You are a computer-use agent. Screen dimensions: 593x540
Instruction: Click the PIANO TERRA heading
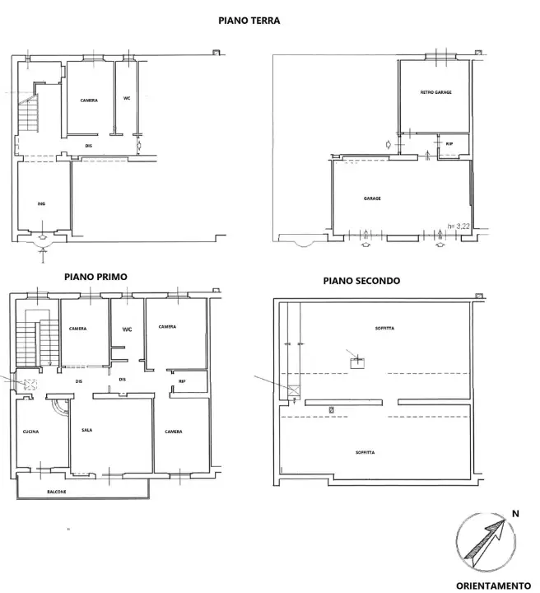coord(249,21)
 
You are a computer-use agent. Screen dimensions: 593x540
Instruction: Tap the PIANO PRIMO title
coord(95,278)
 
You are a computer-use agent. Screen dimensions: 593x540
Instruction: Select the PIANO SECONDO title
coord(361,281)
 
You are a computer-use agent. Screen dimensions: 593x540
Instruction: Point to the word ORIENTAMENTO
coord(493,586)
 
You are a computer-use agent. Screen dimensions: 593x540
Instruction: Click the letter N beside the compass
coord(516,513)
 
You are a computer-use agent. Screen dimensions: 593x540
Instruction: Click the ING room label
coord(40,203)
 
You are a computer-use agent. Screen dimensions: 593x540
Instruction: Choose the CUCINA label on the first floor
coord(30,432)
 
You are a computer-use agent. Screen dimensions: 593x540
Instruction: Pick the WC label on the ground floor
coord(127,98)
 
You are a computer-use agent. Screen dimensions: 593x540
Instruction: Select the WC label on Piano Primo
coord(127,329)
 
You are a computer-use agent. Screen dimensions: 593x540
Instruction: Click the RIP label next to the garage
coord(449,144)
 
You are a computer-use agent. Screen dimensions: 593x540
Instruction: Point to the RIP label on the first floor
coord(181,381)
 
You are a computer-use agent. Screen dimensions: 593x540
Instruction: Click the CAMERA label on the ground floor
coord(88,100)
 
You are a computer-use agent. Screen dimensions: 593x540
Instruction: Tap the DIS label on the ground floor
coord(88,146)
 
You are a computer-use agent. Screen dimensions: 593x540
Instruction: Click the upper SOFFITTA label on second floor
coord(384,328)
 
